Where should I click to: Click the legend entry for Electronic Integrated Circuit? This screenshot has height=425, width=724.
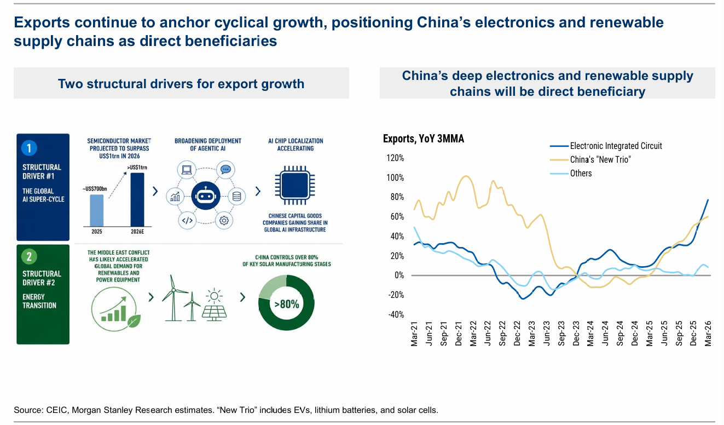(x=606, y=146)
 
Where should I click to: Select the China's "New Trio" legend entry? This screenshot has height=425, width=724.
(x=590, y=160)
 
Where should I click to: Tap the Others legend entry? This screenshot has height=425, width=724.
(x=571, y=174)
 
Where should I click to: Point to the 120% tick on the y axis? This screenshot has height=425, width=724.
(x=395, y=158)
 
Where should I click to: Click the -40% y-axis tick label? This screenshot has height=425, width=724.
(x=396, y=315)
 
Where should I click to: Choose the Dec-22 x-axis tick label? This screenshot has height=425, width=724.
(x=517, y=334)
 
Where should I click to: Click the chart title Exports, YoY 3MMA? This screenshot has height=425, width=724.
(x=424, y=139)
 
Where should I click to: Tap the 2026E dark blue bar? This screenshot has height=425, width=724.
(x=137, y=199)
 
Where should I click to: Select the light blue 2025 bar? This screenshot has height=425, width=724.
(x=97, y=210)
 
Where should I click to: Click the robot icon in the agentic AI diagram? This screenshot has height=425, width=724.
(x=206, y=196)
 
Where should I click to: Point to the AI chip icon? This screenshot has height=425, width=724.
(x=295, y=185)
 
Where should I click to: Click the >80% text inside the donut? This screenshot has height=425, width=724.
(x=287, y=305)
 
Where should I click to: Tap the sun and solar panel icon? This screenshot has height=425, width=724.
(x=214, y=305)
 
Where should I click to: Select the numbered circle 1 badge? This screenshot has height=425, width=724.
(x=29, y=148)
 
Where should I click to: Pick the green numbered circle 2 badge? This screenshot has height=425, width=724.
(x=29, y=256)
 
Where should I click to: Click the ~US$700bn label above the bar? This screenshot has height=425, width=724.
(x=95, y=189)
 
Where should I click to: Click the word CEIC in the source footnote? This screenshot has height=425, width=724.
(x=57, y=410)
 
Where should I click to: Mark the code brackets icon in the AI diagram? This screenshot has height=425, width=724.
(x=187, y=220)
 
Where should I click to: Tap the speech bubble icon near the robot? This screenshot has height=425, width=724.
(x=225, y=169)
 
